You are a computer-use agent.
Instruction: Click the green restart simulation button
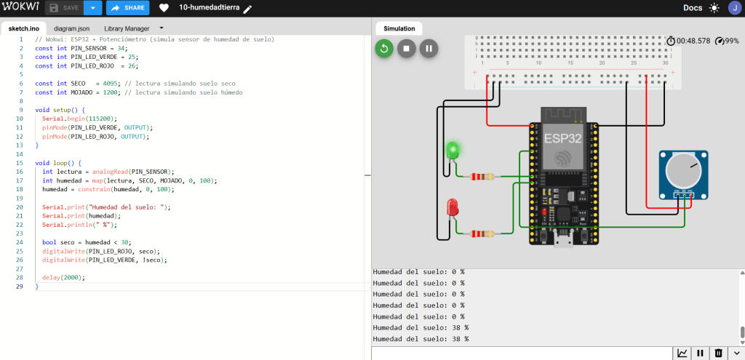pyautogui.click(x=384, y=49)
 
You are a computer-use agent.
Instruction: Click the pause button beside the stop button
pyautogui.click(x=429, y=49)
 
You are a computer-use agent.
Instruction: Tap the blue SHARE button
pyautogui.click(x=128, y=8)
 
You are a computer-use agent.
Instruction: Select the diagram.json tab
pyautogui.click(x=72, y=28)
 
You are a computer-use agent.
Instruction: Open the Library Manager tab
pyautogui.click(x=127, y=28)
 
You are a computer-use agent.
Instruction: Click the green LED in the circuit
pyautogui.click(x=453, y=151)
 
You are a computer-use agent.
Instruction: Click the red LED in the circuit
pyautogui.click(x=453, y=208)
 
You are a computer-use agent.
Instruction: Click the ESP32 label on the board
pyautogui.click(x=563, y=140)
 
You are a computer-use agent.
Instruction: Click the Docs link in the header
pyautogui.click(x=693, y=8)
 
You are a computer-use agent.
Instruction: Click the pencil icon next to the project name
pyautogui.click(x=247, y=9)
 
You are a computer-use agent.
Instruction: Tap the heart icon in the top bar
pyautogui.click(x=164, y=8)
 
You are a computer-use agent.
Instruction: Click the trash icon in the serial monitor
pyautogui.click(x=718, y=353)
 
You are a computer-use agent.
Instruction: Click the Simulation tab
pyautogui.click(x=399, y=28)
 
